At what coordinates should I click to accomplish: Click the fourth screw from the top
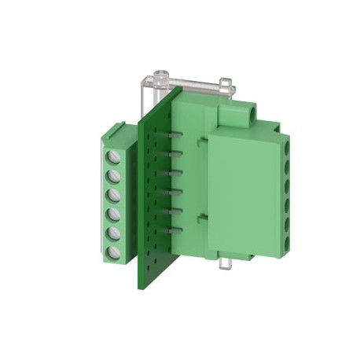(x=115, y=215)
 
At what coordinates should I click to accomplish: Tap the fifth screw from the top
(x=115, y=233)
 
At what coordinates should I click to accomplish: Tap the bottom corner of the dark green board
(x=142, y=285)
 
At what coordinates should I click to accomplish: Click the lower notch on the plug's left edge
(x=202, y=216)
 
